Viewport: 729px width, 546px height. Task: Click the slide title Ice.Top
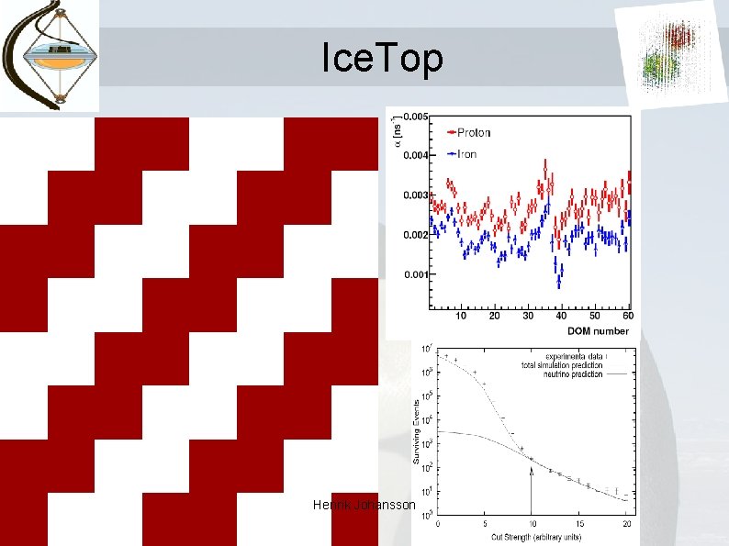pos(382,59)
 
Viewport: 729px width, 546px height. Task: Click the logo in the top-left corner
pos(49,55)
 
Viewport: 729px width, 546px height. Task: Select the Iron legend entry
pos(461,153)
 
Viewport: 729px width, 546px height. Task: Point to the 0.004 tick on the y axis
pos(414,155)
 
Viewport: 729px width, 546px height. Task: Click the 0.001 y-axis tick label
pos(414,274)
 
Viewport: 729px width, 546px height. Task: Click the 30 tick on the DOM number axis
pos(528,317)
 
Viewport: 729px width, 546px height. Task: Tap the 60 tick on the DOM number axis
pos(627,317)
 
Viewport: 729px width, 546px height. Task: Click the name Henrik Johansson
pos(364,506)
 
